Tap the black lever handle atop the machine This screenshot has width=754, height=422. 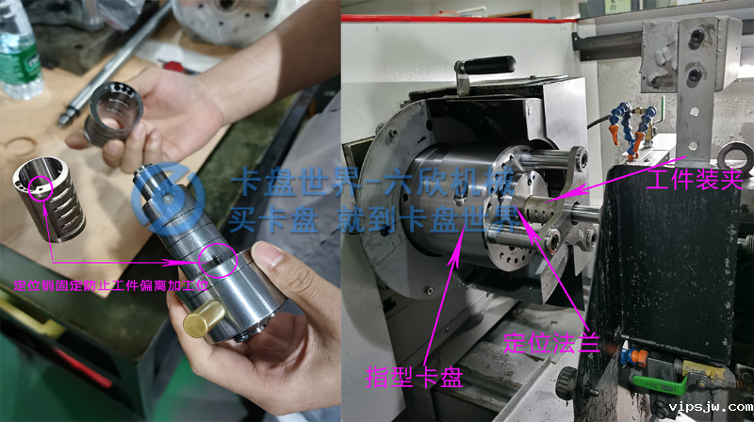click(484, 67)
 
